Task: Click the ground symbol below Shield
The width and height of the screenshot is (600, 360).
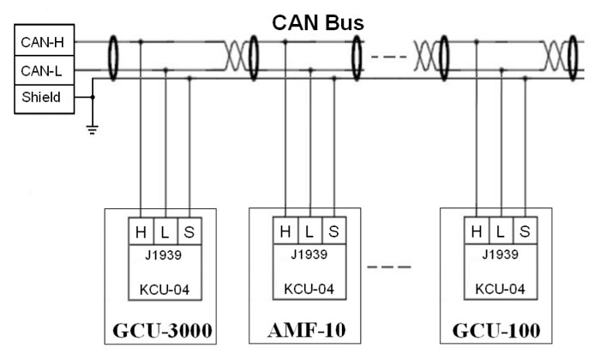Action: [93, 129]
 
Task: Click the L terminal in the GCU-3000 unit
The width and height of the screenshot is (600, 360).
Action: [164, 231]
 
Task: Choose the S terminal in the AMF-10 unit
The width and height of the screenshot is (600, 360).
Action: [333, 231]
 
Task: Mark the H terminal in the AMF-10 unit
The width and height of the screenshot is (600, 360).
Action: [285, 231]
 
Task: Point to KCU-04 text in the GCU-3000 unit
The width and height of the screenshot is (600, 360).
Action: [164, 289]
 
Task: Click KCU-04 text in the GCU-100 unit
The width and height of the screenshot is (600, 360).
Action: [500, 289]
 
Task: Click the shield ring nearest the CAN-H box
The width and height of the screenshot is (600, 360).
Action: [113, 58]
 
